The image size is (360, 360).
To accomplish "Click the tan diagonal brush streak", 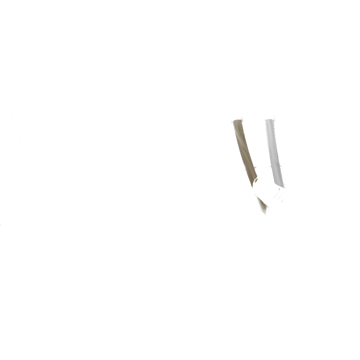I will point(244,151).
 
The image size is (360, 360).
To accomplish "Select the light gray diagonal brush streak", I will point(274,151).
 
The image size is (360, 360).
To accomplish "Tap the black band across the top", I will point(180,26).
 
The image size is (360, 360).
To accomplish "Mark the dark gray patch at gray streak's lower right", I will point(284,181).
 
